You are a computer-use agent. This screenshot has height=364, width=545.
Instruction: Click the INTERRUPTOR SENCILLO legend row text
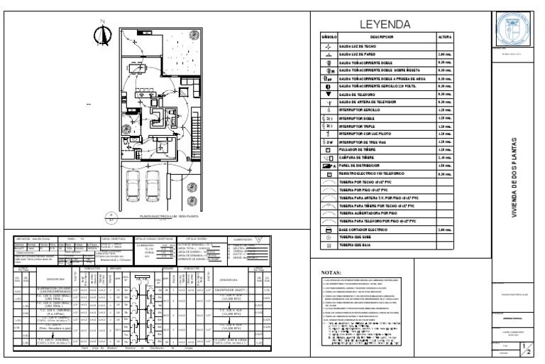pyautogui.click(x=368, y=110)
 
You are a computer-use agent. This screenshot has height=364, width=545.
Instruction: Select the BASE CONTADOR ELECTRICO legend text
pyautogui.click(x=372, y=231)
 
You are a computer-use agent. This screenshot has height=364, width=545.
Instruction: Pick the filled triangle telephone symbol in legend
pyautogui.click(x=329, y=94)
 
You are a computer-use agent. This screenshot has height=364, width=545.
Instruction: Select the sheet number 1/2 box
pyautogui.click(x=524, y=345)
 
